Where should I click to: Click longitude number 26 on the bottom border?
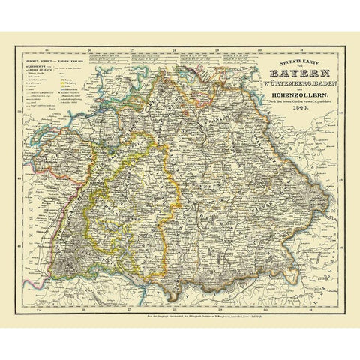pos(91,306)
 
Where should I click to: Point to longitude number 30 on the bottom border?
pos(258,306)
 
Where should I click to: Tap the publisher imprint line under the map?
pos(180,313)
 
